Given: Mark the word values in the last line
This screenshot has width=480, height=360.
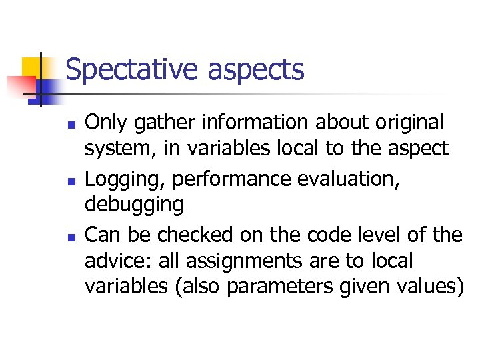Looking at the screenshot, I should (x=427, y=285).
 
